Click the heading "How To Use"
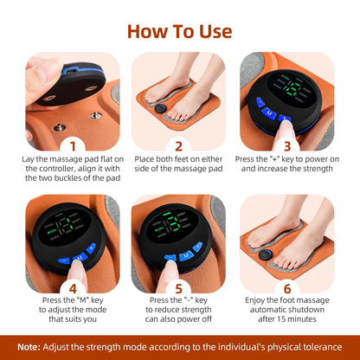coord(179,31)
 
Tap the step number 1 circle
coord(74,147)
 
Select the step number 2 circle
coord(178,147)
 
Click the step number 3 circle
coord(286,147)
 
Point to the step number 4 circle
coord(74,287)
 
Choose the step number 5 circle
coord(178,287)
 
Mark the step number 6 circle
coord(286,287)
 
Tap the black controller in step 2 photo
coord(161,109)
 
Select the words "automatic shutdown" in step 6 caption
coord(286,312)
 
